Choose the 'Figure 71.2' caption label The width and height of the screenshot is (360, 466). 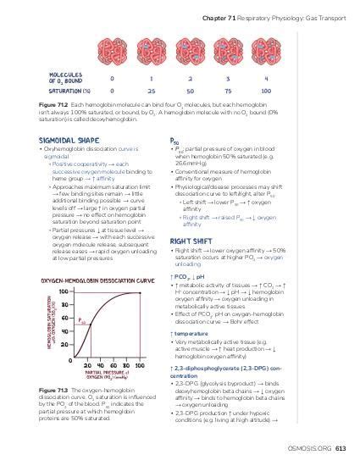[x=52, y=106]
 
